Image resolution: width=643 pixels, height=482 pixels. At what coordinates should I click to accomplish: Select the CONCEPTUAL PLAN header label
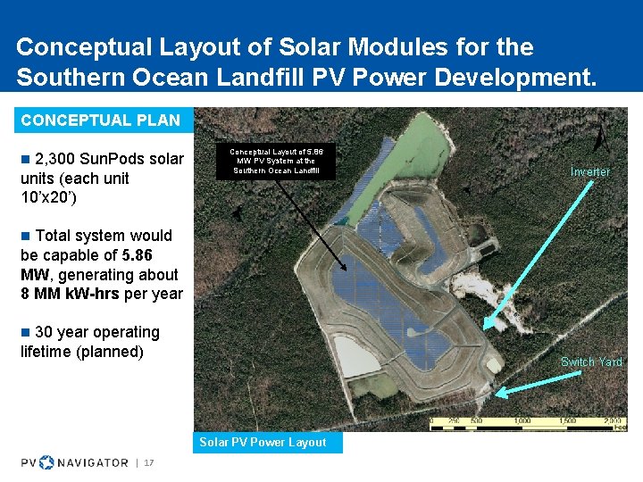[x=100, y=120]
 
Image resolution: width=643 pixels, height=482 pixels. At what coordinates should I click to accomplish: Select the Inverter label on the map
[x=590, y=171]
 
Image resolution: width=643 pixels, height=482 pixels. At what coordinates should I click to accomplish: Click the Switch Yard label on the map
[x=591, y=361]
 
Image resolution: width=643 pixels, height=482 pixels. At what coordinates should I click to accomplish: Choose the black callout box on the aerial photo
[x=276, y=161]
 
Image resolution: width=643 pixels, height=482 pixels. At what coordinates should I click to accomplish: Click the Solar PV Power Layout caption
[x=263, y=442]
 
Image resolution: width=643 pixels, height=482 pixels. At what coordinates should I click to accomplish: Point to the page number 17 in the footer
[x=149, y=462]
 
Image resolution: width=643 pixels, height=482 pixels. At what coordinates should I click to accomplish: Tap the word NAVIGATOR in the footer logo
[x=93, y=462]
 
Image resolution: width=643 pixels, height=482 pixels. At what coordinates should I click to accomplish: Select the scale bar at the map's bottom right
[x=527, y=424]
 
